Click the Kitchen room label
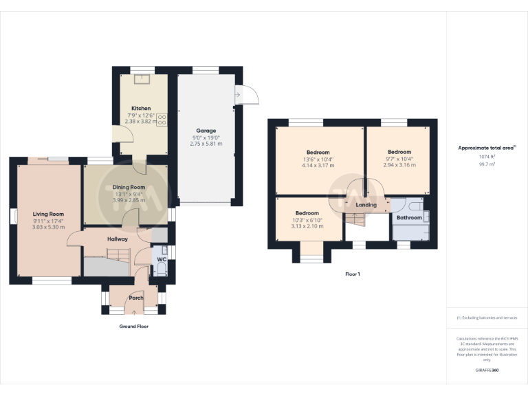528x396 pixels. (141, 109)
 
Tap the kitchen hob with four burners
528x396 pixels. (162, 120)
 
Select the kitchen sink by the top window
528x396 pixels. (142, 77)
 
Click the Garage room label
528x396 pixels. (206, 131)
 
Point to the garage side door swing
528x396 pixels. (246, 96)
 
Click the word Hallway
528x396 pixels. (118, 239)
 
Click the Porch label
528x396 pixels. (136, 298)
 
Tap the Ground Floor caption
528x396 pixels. (133, 327)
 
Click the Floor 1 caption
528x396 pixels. (353, 274)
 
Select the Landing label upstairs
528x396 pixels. (365, 205)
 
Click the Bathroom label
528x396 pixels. (409, 218)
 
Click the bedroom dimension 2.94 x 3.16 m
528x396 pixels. (399, 165)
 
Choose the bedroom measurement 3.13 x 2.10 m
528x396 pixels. (307, 226)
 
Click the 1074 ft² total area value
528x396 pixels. (487, 157)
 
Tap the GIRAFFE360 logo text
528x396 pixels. (487, 371)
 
